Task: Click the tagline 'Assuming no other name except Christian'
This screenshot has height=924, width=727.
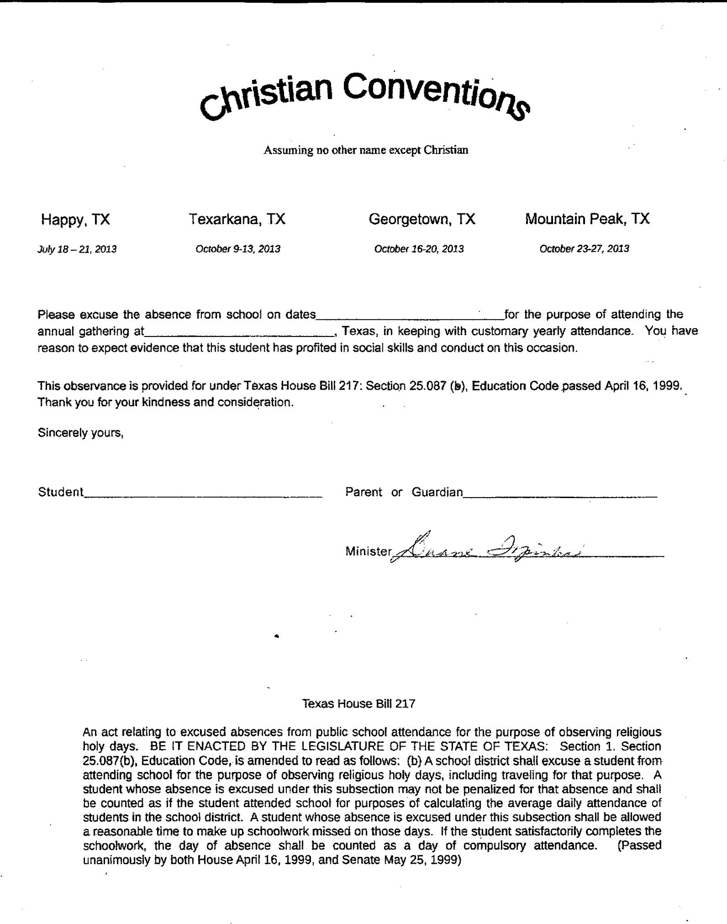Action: click(x=366, y=150)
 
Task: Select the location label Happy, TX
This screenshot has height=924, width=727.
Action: click(x=75, y=220)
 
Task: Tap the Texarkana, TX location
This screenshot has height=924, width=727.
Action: click(x=237, y=219)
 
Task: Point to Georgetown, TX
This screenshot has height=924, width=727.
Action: click(x=422, y=219)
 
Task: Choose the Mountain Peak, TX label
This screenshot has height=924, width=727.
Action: click(x=587, y=219)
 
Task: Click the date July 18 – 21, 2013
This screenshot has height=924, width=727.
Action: click(x=77, y=249)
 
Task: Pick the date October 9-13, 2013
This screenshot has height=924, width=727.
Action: click(x=238, y=249)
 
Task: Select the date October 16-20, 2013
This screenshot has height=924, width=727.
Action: click(x=419, y=249)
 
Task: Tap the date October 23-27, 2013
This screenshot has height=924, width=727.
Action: click(x=584, y=249)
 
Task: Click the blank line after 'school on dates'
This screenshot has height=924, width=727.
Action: click(x=410, y=316)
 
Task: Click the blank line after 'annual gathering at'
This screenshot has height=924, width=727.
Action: click(x=239, y=333)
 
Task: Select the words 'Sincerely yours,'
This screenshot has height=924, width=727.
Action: click(x=81, y=433)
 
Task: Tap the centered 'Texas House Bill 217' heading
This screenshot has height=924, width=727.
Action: click(x=358, y=704)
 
